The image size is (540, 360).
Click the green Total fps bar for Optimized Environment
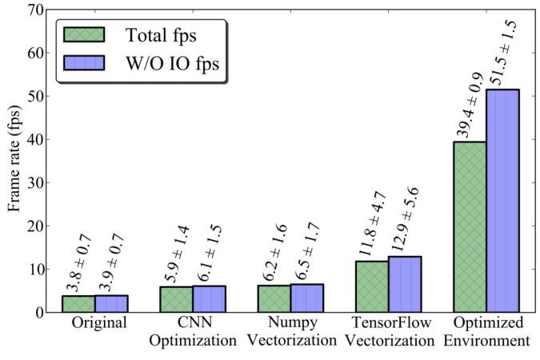470,226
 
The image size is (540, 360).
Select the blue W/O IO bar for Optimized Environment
502,200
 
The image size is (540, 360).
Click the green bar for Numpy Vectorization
274,298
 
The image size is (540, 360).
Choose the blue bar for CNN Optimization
210,298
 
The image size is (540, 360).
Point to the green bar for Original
79,303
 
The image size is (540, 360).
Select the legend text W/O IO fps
171,64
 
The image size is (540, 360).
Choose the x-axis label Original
96,324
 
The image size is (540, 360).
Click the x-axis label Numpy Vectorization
291,332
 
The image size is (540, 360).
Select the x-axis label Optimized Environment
486,332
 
